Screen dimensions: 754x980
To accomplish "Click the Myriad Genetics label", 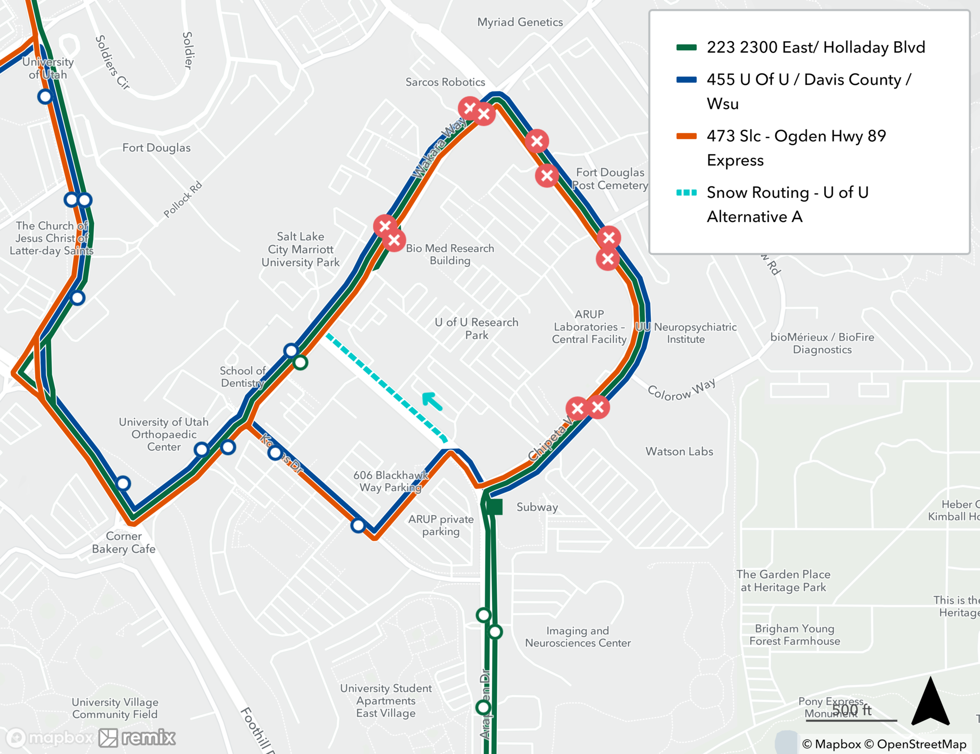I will (520, 22).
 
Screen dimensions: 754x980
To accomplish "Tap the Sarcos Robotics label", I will (445, 82).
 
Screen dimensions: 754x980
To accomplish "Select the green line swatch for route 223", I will (686, 48).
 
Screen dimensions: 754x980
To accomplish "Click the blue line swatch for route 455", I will (686, 80).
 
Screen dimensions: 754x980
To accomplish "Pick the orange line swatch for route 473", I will (686, 136).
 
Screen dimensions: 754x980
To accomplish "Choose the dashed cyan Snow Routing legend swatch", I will (686, 193).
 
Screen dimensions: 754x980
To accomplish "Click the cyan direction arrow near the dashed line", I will (432, 400).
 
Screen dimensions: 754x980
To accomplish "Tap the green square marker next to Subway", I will (494, 507).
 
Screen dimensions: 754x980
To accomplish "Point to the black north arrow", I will (930, 702).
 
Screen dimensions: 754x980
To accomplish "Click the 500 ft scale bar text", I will (852, 709).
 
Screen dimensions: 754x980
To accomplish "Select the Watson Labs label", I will (679, 451).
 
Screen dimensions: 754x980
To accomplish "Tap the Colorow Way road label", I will (681, 390).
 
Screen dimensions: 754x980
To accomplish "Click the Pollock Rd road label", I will (182, 199).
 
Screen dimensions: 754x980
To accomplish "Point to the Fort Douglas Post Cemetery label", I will (610, 179).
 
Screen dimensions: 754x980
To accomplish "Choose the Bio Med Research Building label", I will (450, 254).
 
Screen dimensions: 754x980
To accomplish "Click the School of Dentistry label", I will (243, 377).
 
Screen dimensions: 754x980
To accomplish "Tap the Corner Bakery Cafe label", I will (123, 542).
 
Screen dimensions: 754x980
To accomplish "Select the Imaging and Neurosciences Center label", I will (578, 636).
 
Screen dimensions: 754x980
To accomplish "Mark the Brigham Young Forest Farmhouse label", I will (794, 634).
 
